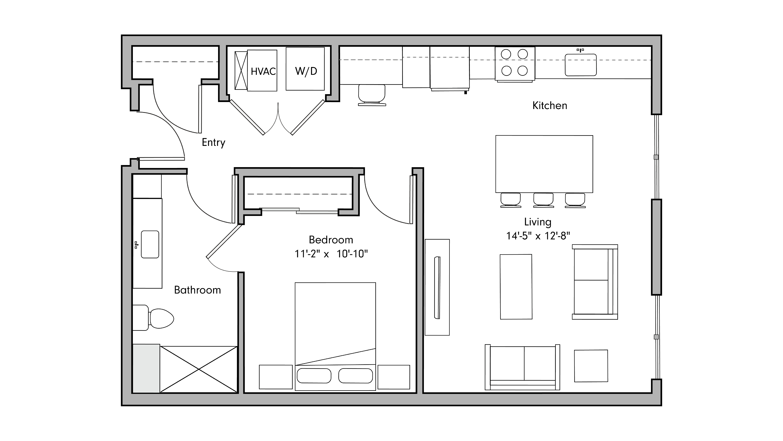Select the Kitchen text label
click(x=550, y=106)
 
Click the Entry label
click(x=213, y=142)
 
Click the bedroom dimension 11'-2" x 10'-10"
click(x=331, y=254)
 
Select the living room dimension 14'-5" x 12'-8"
click(x=538, y=236)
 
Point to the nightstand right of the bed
click(x=394, y=377)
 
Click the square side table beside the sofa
click(x=591, y=366)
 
